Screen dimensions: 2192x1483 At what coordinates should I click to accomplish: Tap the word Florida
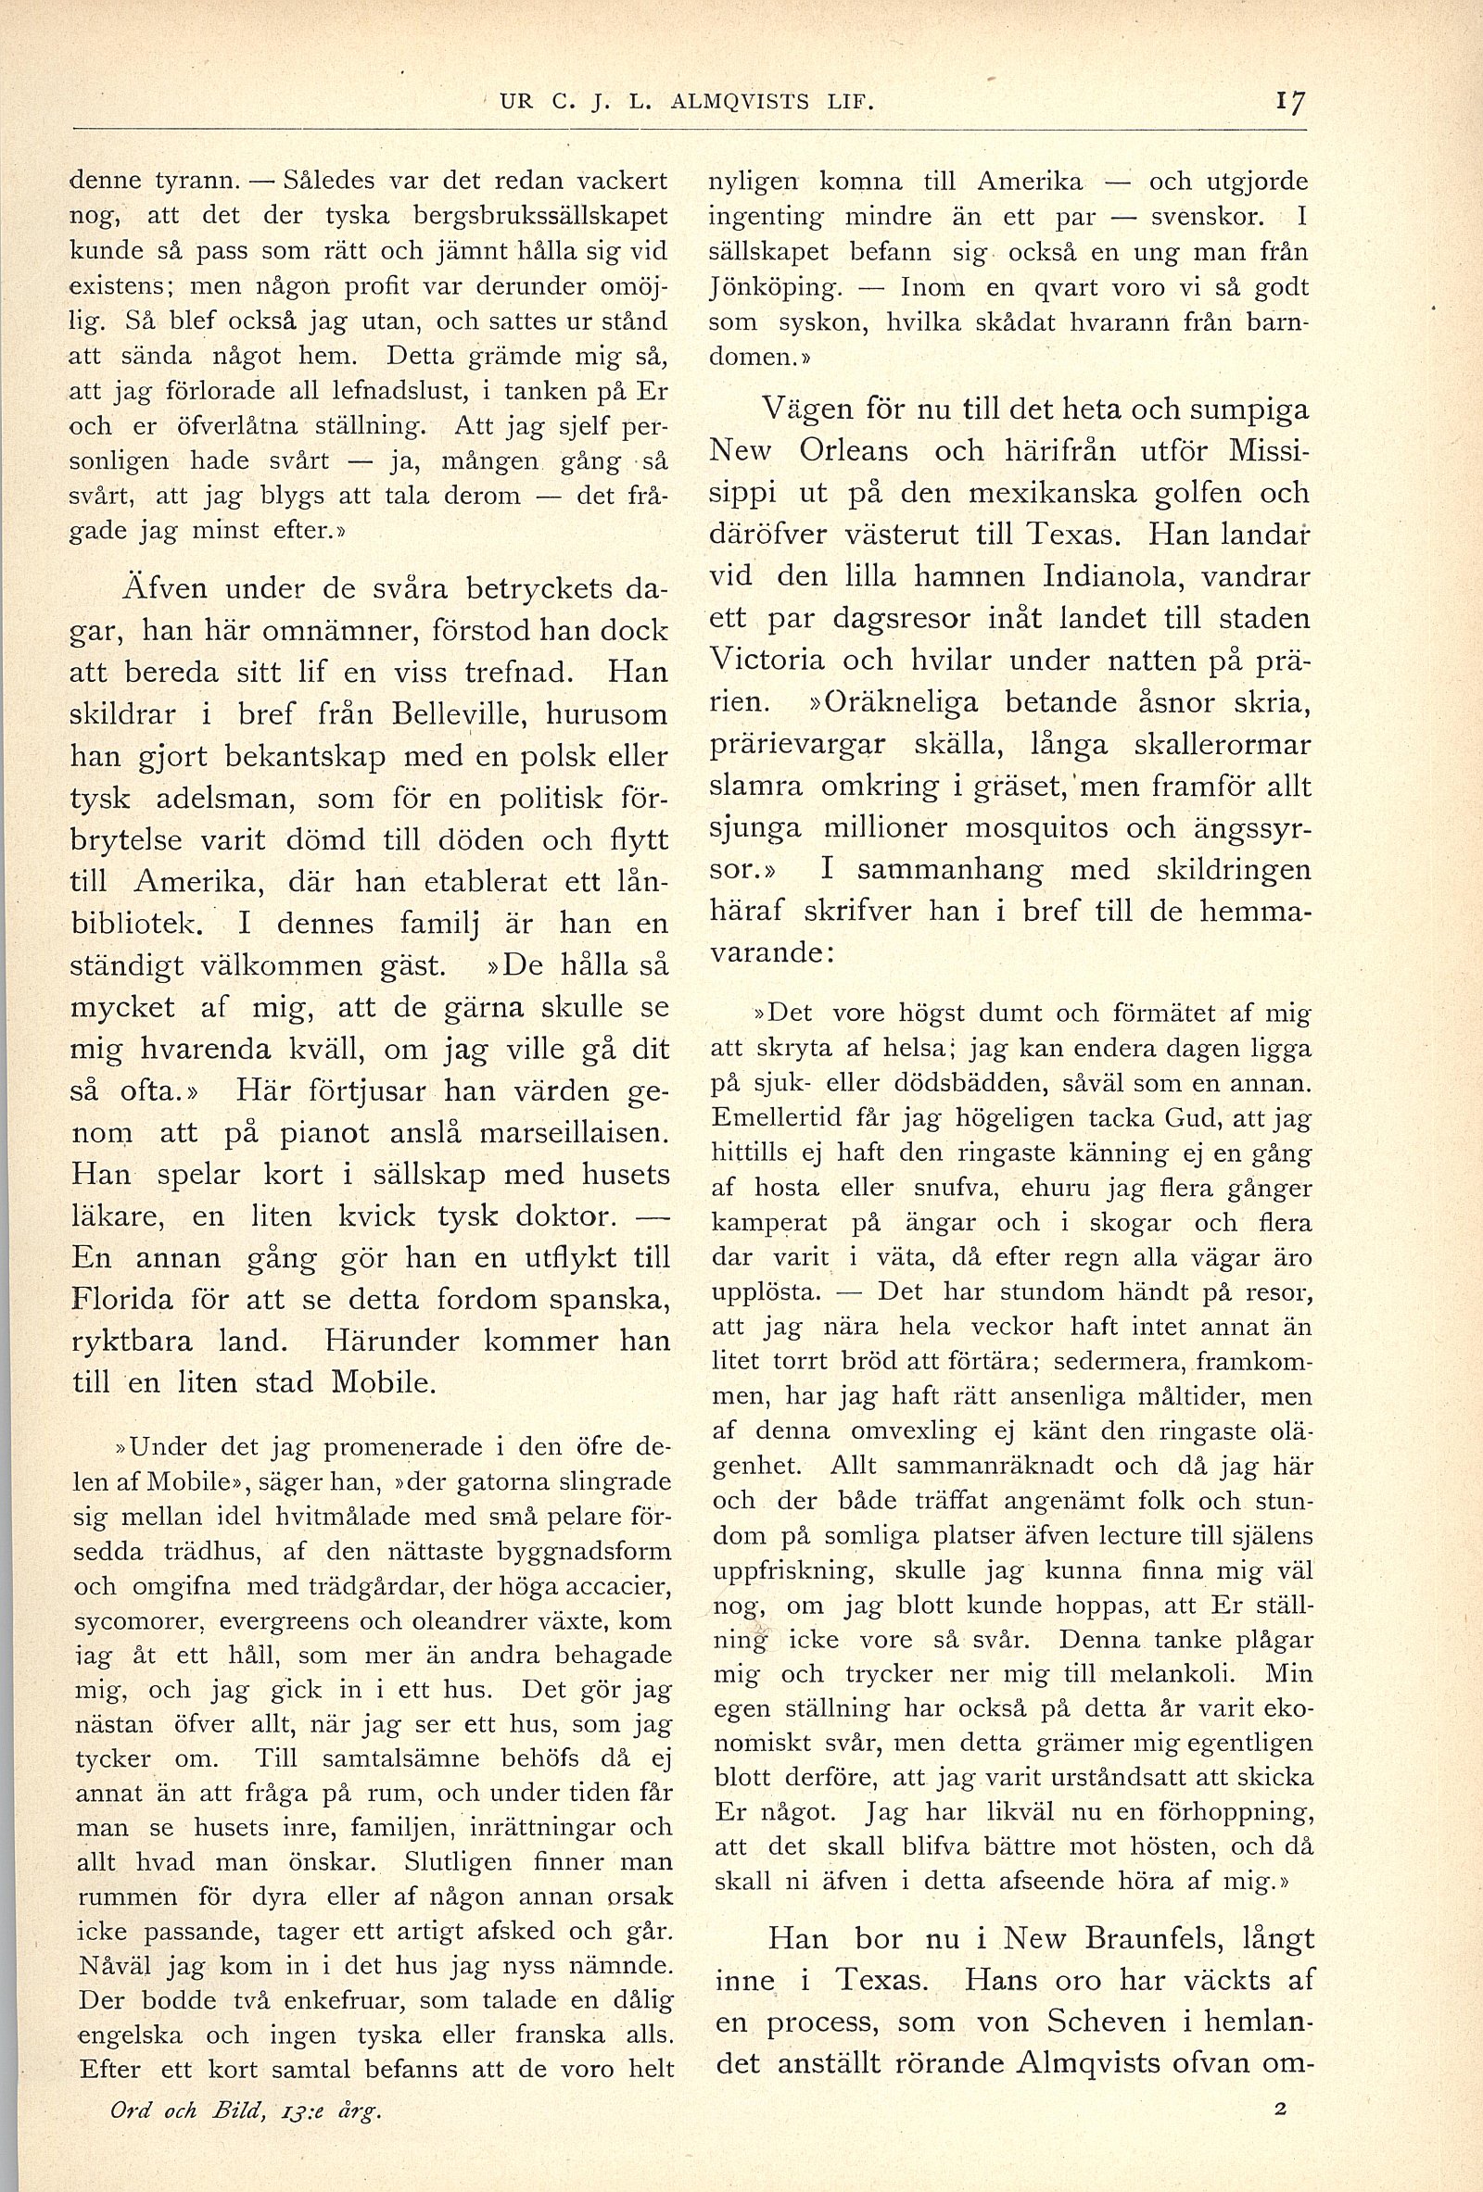pyautogui.click(x=122, y=1300)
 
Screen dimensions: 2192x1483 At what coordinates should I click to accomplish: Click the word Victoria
pyautogui.click(x=767, y=660)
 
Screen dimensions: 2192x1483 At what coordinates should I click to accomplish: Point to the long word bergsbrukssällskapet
pyautogui.click(x=539, y=217)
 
